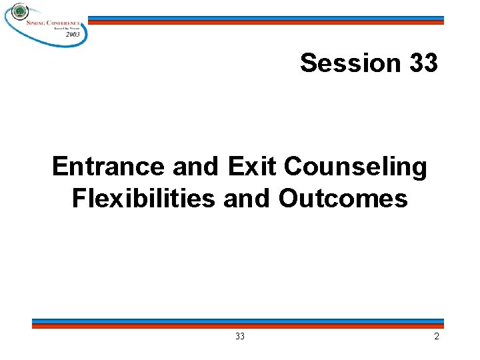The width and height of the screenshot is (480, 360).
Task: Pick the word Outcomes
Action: click(x=343, y=198)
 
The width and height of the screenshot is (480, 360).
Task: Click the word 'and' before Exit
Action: click(x=197, y=167)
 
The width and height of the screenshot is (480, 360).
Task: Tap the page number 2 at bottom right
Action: click(x=437, y=337)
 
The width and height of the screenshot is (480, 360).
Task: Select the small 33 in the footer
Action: click(x=240, y=337)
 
